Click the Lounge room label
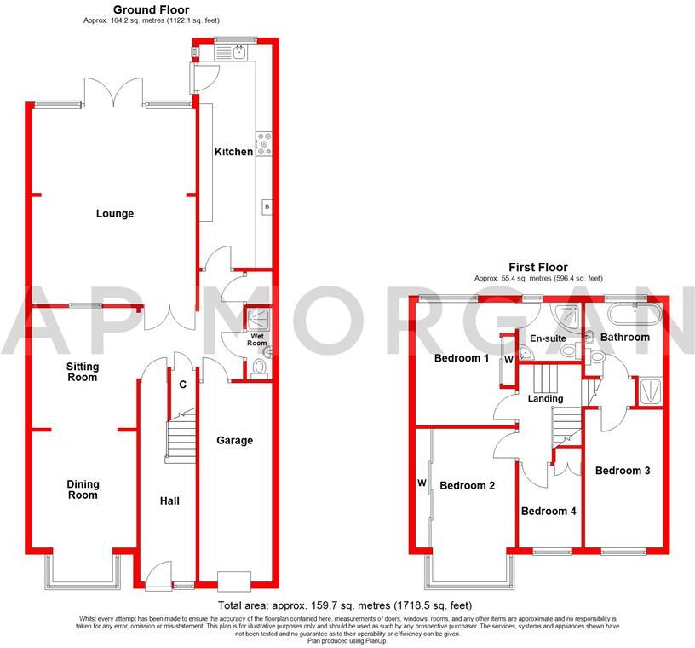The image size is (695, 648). click(x=115, y=214)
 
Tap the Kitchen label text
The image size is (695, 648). click(x=233, y=152)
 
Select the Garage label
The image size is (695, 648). click(x=234, y=441)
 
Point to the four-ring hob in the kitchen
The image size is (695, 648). click(x=263, y=145)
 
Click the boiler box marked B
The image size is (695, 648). click(x=267, y=207)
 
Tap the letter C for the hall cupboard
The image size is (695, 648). click(x=183, y=385)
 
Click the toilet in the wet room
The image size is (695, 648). click(x=261, y=367)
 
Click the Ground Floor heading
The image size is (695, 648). click(x=145, y=9)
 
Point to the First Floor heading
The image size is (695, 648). click(x=538, y=267)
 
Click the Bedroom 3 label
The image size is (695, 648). click(x=623, y=471)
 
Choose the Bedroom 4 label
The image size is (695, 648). click(x=549, y=512)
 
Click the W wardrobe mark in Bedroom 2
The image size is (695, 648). click(x=422, y=483)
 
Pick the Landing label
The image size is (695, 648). click(x=545, y=398)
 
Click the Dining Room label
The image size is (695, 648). click(x=83, y=489)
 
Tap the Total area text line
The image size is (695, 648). click(x=346, y=605)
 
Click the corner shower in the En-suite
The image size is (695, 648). click(x=565, y=315)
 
